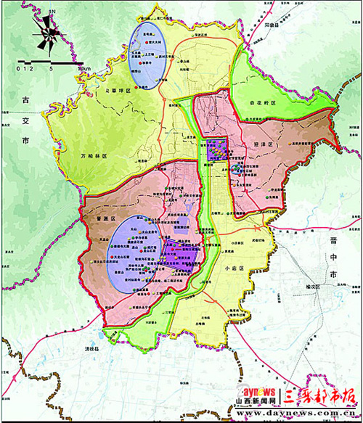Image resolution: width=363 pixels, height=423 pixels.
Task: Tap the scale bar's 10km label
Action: coord(85,69)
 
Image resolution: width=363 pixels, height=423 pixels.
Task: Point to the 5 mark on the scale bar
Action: coord(52,69)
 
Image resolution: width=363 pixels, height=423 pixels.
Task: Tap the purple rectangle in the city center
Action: coord(216,151)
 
